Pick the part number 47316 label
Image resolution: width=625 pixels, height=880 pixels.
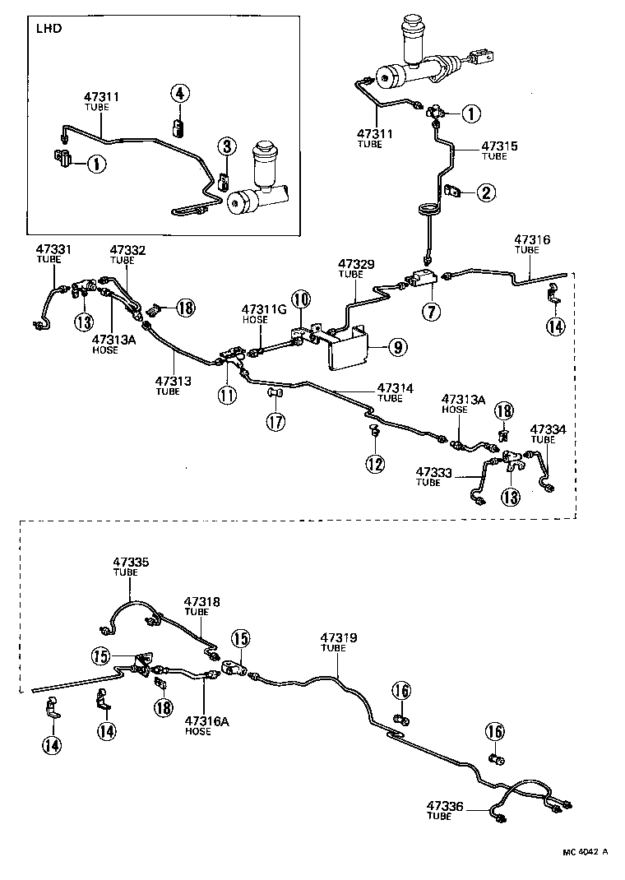coord(532,240)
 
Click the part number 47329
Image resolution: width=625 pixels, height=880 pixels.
coord(355,264)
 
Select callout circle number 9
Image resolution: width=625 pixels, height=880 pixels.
coord(396,347)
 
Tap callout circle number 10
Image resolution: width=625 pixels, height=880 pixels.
coord(300,299)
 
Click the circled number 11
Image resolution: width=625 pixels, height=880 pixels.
coord(227,394)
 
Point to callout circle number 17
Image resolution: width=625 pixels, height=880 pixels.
coord(274,422)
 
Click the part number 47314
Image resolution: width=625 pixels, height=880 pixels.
coord(395,387)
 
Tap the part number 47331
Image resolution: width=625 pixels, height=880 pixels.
coord(53,249)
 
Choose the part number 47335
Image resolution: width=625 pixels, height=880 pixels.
coord(131,563)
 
